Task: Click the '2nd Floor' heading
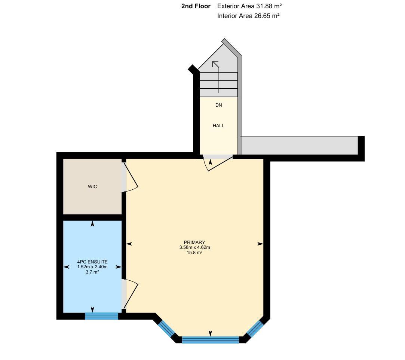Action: click(196, 6)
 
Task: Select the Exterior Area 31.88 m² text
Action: click(249, 6)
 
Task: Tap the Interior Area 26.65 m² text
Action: click(248, 16)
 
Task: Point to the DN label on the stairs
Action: click(218, 105)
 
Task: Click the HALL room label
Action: click(218, 126)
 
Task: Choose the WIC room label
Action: click(92, 187)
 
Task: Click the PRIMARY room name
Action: click(194, 242)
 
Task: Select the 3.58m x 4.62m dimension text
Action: click(194, 247)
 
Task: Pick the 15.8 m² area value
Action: click(194, 253)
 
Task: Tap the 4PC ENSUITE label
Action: click(92, 262)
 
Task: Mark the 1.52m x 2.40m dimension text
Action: click(92, 267)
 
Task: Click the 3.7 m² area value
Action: click(92, 272)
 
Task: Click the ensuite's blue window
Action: click(101, 316)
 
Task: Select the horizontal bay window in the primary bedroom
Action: click(211, 340)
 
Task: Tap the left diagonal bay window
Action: click(166, 328)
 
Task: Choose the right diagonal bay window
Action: click(254, 328)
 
